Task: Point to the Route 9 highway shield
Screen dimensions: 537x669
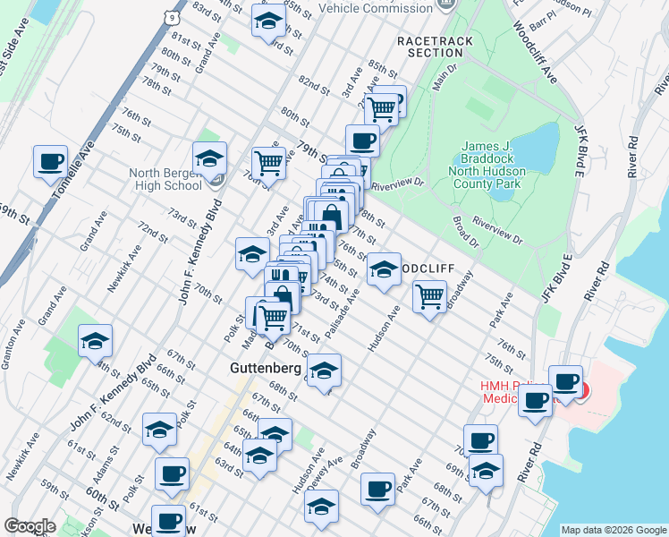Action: click(x=170, y=15)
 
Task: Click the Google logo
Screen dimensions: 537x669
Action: click(x=30, y=526)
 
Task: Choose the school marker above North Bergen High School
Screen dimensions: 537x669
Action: click(x=210, y=158)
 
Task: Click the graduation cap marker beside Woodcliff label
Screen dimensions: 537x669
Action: click(x=384, y=269)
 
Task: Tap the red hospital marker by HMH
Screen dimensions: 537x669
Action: click(x=584, y=391)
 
